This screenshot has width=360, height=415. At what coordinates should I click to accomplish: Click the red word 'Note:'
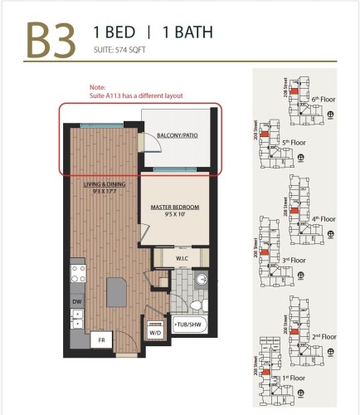pyautogui.click(x=98, y=87)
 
